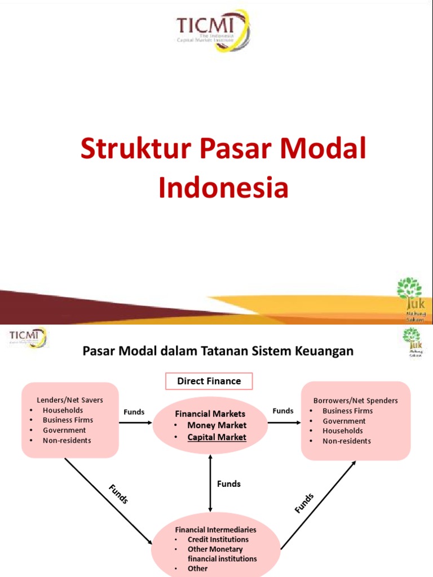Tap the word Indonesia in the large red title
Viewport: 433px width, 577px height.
coord(223,188)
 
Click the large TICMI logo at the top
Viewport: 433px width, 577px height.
coord(213,30)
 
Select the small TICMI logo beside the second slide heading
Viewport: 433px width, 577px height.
coord(28,338)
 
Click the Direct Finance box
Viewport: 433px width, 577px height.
coord(209,381)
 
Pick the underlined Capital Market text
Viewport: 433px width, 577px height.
coord(216,437)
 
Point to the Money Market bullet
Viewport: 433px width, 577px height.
coord(216,425)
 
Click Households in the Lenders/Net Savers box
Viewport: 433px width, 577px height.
coord(63,410)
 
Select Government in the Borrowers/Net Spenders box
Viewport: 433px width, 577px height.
coord(344,421)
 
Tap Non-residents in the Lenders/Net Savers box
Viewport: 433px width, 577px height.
coord(67,440)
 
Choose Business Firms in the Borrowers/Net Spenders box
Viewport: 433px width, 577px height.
coord(347,411)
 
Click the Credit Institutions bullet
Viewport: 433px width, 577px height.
coord(218,539)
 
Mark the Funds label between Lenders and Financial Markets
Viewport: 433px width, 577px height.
coord(134,412)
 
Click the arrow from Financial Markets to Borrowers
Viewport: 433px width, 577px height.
coord(282,421)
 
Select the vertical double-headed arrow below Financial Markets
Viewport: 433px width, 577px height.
coord(210,483)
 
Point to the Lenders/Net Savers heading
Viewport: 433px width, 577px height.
coord(70,400)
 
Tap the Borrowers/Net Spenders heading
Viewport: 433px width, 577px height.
coord(355,401)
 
